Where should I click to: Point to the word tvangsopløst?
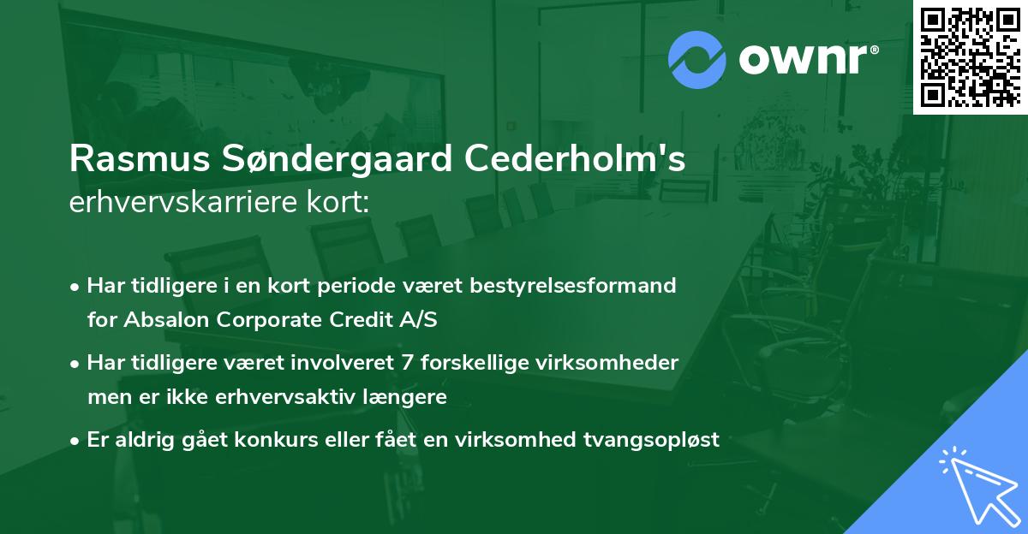(661, 440)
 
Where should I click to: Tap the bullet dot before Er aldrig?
(75, 441)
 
